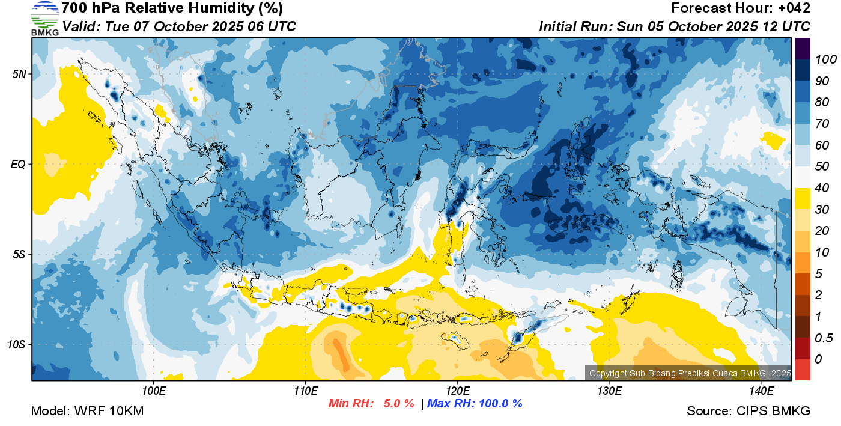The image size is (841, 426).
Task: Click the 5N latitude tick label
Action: [x=19, y=74]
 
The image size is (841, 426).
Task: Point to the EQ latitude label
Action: [x=18, y=164]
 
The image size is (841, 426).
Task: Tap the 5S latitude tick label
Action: [x=19, y=254]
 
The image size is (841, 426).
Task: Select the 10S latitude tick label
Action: [x=17, y=344]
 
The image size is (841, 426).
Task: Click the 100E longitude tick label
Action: [x=154, y=391]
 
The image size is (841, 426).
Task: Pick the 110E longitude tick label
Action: [x=306, y=391]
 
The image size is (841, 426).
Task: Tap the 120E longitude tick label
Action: [x=458, y=391]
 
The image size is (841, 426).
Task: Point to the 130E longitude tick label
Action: [x=609, y=391]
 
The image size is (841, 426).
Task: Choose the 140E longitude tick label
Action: [x=762, y=391]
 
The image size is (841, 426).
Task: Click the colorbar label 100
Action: [x=825, y=59]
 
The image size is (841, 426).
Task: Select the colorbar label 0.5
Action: [x=824, y=338]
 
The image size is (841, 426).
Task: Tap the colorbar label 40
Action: [x=822, y=188]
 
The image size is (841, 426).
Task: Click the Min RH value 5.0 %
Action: [x=399, y=403]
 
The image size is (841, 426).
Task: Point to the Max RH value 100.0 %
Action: [x=500, y=403]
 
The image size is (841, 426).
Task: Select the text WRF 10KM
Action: [x=109, y=411]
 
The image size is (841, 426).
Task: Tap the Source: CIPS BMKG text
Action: [x=748, y=411]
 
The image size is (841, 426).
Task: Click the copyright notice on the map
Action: [x=690, y=373]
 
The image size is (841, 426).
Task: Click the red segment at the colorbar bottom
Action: [x=803, y=370]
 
